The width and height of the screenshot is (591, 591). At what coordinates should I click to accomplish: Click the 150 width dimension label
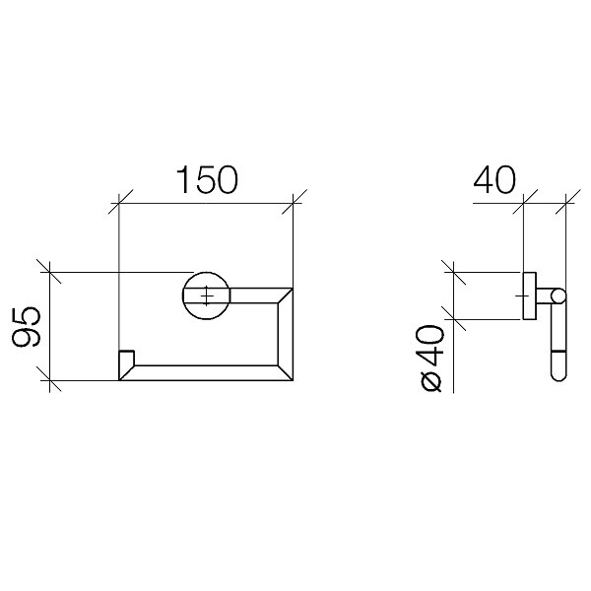click(x=207, y=179)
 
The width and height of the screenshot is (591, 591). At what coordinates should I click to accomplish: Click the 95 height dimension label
click(x=26, y=327)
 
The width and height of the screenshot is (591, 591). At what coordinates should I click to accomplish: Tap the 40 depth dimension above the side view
click(x=494, y=179)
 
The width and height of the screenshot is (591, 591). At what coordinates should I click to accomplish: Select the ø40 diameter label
click(x=429, y=359)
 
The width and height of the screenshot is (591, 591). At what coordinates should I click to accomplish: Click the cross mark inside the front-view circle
click(x=207, y=295)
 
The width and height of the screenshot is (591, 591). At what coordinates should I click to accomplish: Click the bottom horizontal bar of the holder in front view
click(x=206, y=372)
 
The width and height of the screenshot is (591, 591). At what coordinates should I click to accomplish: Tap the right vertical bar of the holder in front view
click(x=286, y=334)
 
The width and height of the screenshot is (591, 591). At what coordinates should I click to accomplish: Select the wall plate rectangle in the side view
click(x=529, y=295)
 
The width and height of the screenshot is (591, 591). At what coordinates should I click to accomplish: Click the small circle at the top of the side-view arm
click(x=558, y=295)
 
